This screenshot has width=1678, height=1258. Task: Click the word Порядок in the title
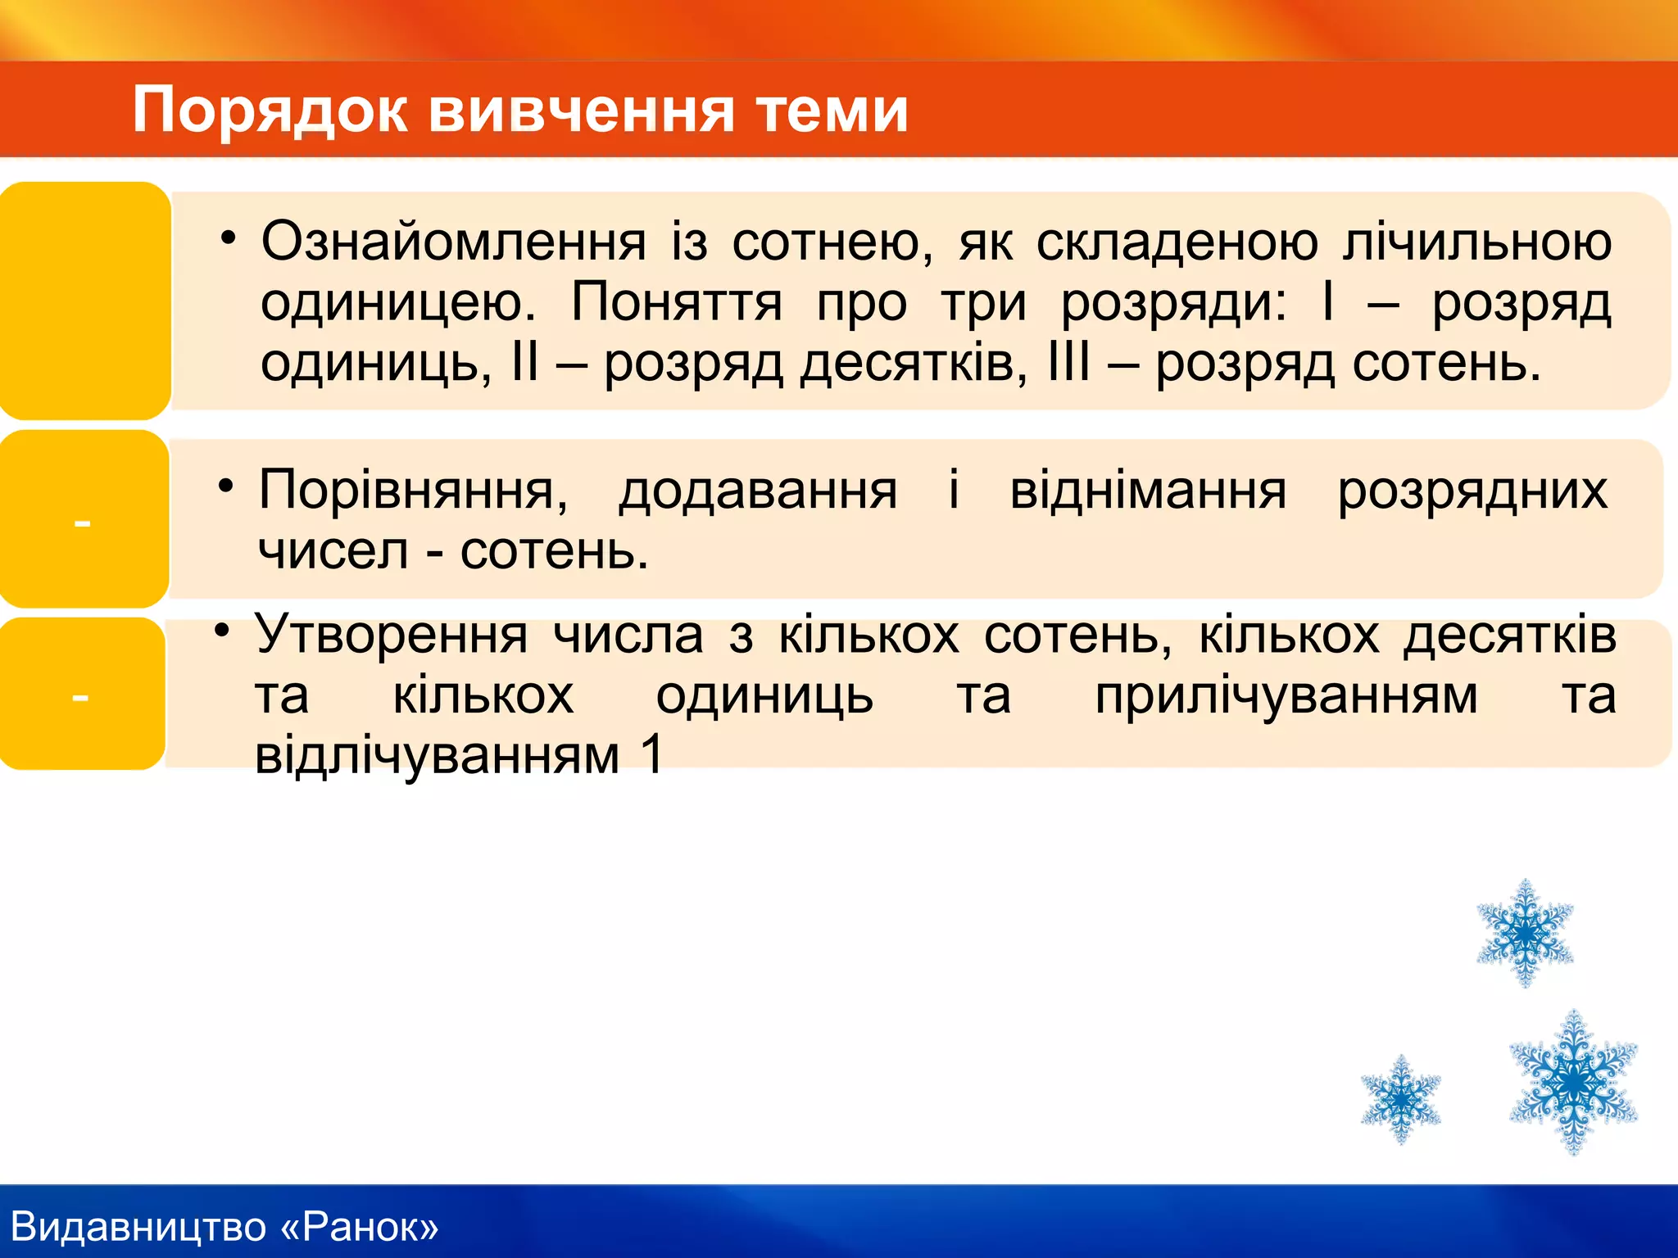[270, 111]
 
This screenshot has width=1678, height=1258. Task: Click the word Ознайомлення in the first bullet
[453, 242]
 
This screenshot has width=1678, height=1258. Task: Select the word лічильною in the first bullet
[1476, 242]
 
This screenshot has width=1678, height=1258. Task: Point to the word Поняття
[676, 302]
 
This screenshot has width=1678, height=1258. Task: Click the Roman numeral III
[1068, 362]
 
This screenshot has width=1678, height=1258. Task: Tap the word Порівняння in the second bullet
[412, 491]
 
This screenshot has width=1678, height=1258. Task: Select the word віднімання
[1147, 491]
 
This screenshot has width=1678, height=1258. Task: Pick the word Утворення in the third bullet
[391, 635]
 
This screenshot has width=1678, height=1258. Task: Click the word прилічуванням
[1286, 696]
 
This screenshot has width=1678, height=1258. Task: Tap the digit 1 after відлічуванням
[652, 754]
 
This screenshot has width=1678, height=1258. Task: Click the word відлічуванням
[437, 754]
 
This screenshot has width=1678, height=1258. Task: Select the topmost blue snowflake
[1524, 933]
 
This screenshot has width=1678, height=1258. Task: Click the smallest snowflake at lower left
[1400, 1098]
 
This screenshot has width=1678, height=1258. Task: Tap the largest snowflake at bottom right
[1573, 1082]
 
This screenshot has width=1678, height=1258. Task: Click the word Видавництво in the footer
[138, 1227]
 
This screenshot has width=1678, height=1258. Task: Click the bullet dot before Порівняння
[226, 486]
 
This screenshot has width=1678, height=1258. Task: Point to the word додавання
[758, 491]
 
